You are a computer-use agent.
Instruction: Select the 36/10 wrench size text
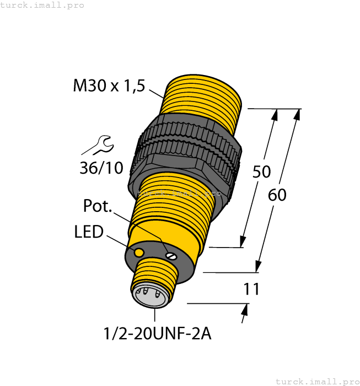coord(101,168)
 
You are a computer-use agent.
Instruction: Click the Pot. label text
coord(98,206)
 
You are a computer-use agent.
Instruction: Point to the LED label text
coord(89,232)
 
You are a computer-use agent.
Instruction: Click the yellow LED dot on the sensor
coord(139,252)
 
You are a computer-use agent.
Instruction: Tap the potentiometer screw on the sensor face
coord(171,254)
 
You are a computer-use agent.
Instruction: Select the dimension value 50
coord(261,171)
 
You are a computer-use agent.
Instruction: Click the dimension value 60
coord(277,195)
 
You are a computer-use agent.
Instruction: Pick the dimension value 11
coord(251,289)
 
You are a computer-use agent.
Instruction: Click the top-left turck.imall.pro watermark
coord(42,5)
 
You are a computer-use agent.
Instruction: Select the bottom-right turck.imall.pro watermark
coord(316,381)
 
